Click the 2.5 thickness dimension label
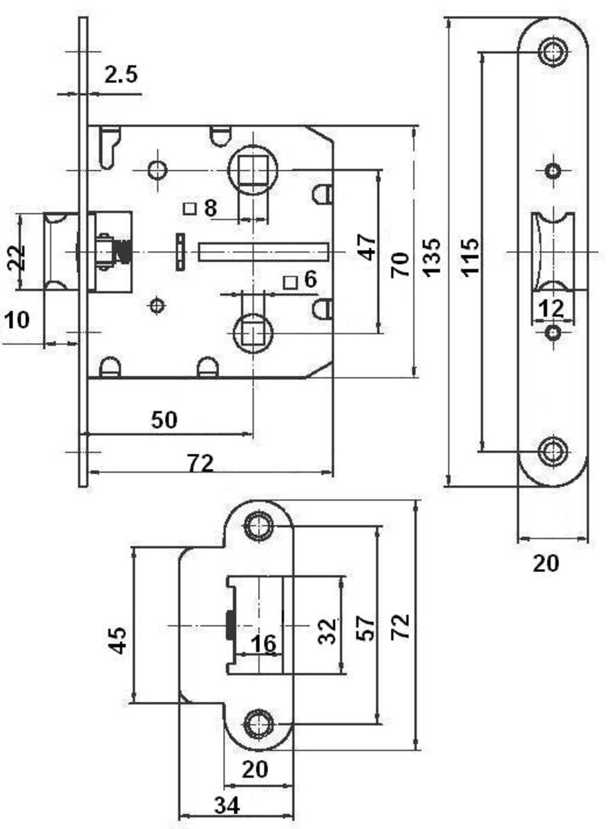121,75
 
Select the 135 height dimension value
431,256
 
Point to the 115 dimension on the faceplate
469,256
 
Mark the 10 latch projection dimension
17,321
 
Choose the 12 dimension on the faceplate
551,308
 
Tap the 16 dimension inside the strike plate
263,644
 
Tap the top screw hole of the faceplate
552,50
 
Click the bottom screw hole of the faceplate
552,450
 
